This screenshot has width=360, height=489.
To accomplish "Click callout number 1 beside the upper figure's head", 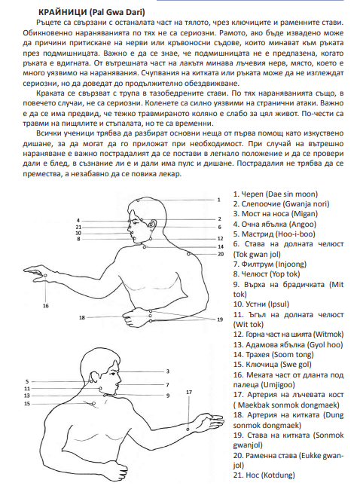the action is coord(219,200).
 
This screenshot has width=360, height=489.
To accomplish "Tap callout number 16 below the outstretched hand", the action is coord(46,306).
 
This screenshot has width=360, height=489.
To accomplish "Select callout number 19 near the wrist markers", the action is coord(220,319).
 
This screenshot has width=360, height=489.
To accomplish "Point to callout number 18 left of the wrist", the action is coord(82,318).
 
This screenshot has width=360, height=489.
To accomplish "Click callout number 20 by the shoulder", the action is coord(221,254).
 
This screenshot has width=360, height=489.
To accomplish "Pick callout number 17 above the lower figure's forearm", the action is coord(189,393).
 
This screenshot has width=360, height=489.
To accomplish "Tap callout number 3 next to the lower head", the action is coord(168,371).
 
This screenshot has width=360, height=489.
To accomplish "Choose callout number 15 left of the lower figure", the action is coord(27,404).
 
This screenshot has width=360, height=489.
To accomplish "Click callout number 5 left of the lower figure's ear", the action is coord(27,381).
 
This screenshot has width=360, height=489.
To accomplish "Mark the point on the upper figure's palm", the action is coord(45,275).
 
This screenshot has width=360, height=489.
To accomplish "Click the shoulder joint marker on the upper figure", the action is coord(188,254).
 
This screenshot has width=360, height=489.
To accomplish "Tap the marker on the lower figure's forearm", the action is coord(188,429).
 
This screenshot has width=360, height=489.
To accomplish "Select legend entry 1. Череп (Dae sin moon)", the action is coord(276,194).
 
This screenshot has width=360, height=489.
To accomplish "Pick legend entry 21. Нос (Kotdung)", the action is coord(264,475).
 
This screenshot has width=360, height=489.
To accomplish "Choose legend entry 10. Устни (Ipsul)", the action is coord(261,304).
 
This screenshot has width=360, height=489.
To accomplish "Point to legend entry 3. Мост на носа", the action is coord(276,214).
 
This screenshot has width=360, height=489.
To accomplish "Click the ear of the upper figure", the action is coord(153,224).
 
